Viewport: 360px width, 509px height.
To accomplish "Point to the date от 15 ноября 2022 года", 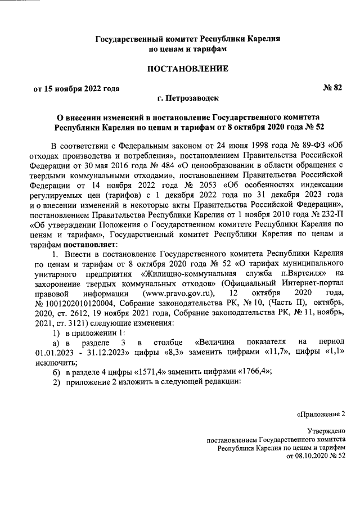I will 76,88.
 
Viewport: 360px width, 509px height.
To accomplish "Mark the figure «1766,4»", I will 251,371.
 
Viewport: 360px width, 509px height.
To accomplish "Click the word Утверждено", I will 327,430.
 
